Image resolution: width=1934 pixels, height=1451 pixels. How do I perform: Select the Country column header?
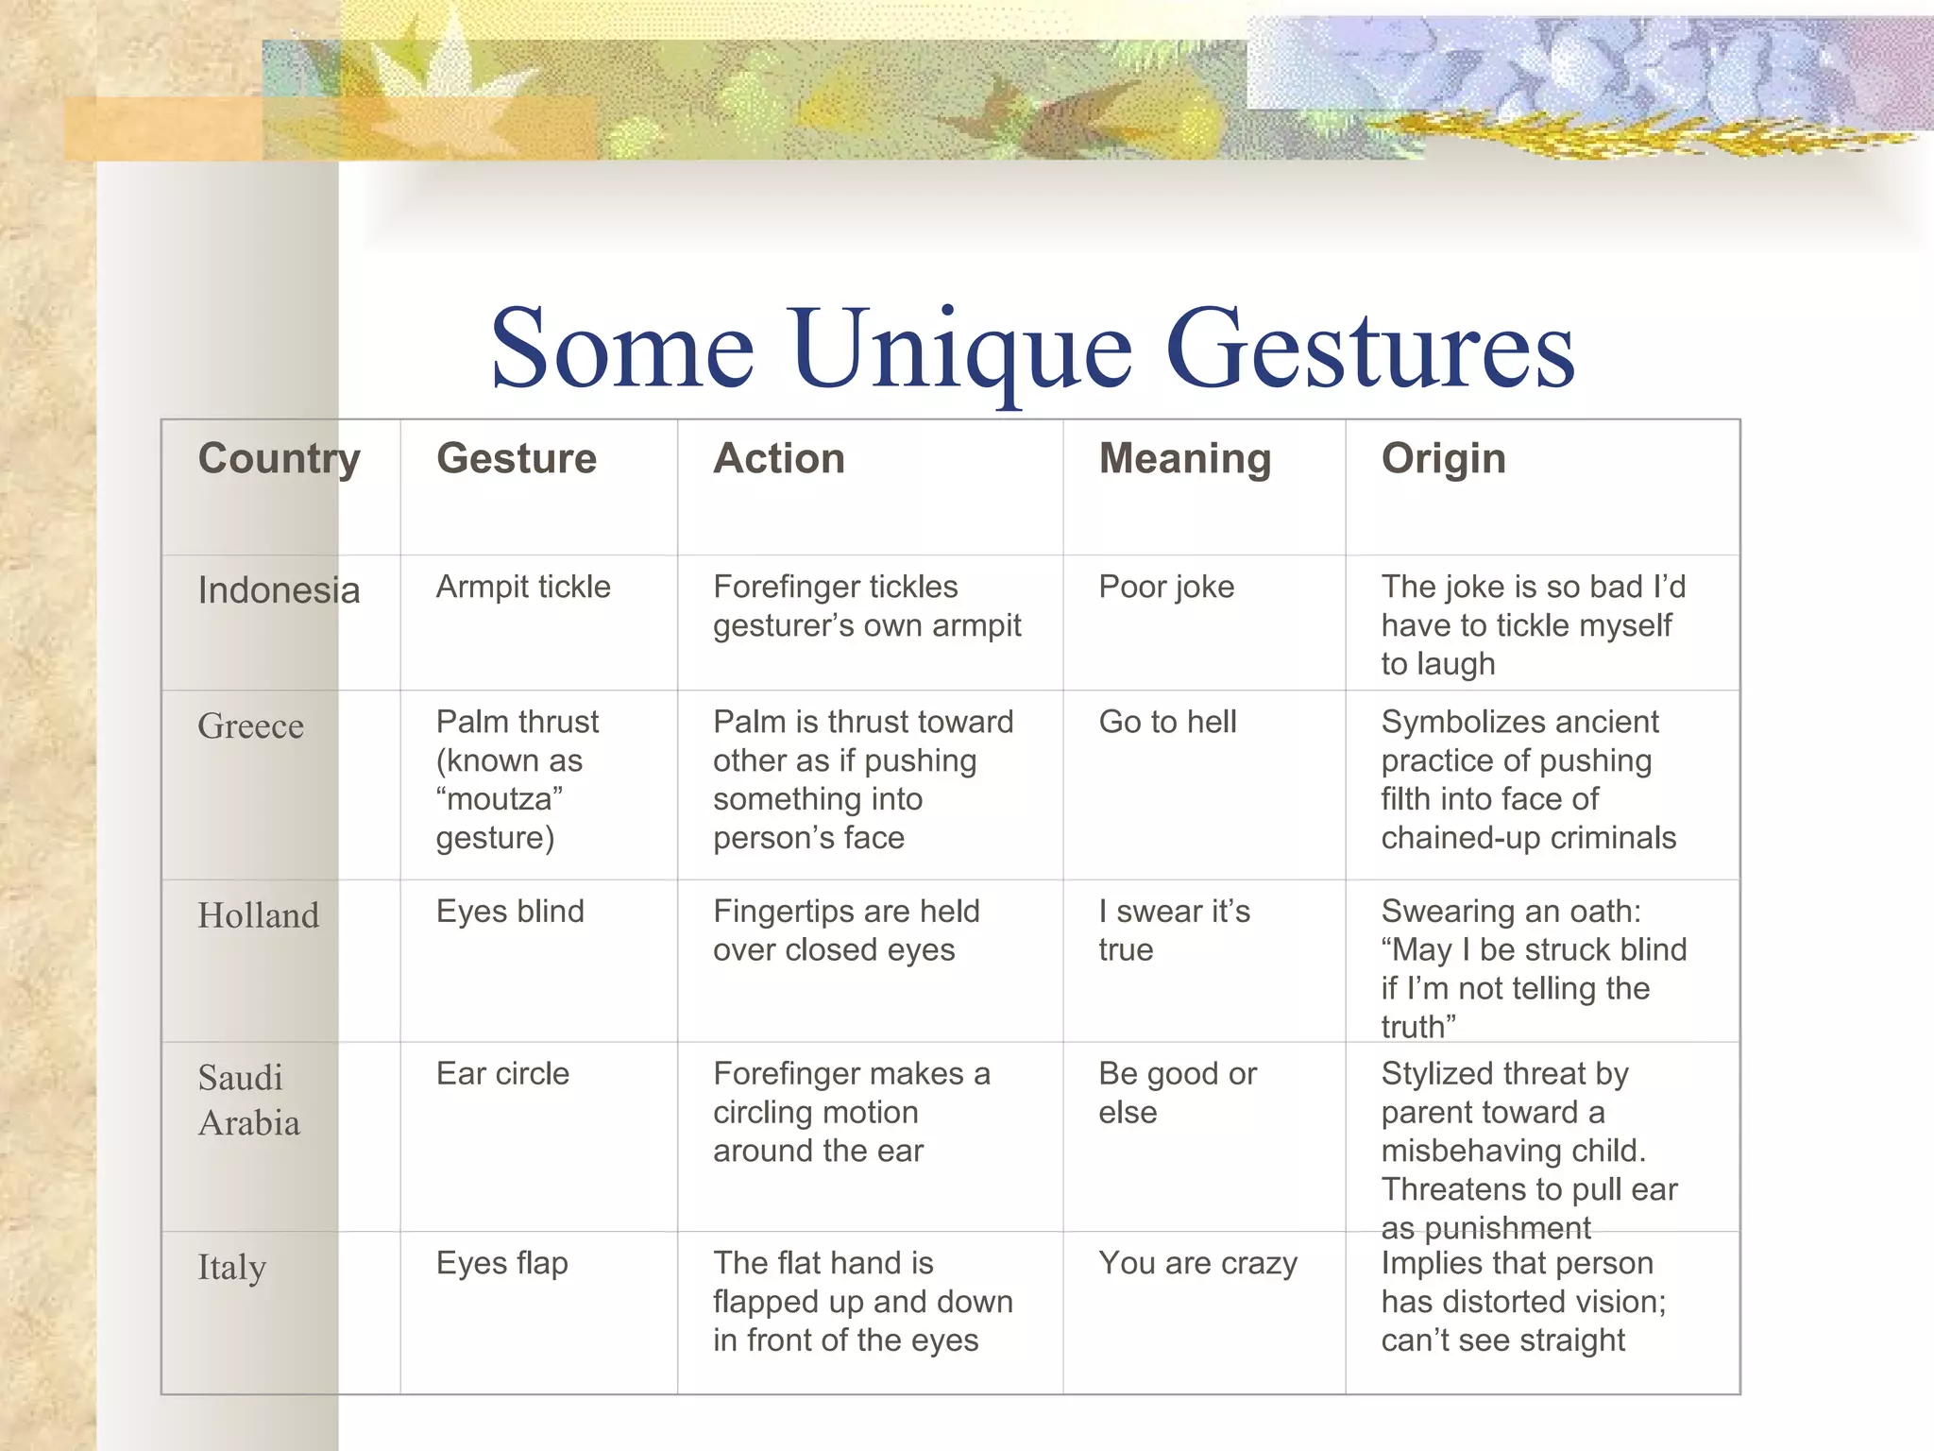[279, 459]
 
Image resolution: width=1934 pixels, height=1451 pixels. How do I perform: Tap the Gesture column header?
[516, 459]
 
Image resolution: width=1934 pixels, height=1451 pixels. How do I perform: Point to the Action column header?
[778, 459]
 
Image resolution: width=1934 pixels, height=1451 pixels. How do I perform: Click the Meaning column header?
[1184, 459]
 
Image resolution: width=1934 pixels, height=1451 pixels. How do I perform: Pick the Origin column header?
[1443, 459]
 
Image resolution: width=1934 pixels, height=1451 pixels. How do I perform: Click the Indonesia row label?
[279, 590]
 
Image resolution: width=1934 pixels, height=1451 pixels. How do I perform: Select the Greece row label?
[250, 726]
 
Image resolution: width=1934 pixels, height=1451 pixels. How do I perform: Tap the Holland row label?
[258, 915]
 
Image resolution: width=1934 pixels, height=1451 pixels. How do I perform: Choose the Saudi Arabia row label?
[248, 1100]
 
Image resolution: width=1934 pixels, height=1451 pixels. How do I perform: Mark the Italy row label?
[231, 1267]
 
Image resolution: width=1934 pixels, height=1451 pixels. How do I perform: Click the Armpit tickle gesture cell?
[523, 587]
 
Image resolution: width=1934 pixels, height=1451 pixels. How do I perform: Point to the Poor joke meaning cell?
[1166, 587]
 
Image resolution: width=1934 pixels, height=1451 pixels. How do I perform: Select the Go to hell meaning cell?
[1167, 722]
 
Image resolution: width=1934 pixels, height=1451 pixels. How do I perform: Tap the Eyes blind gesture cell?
[510, 912]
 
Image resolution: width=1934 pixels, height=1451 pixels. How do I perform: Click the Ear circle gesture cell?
[502, 1074]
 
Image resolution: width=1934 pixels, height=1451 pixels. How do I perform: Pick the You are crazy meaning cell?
[1197, 1263]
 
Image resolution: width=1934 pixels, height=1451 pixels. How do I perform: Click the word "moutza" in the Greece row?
[500, 799]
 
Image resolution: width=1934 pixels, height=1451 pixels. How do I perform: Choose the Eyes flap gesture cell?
[501, 1263]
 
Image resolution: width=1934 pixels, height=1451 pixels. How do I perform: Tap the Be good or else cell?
[1177, 1093]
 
